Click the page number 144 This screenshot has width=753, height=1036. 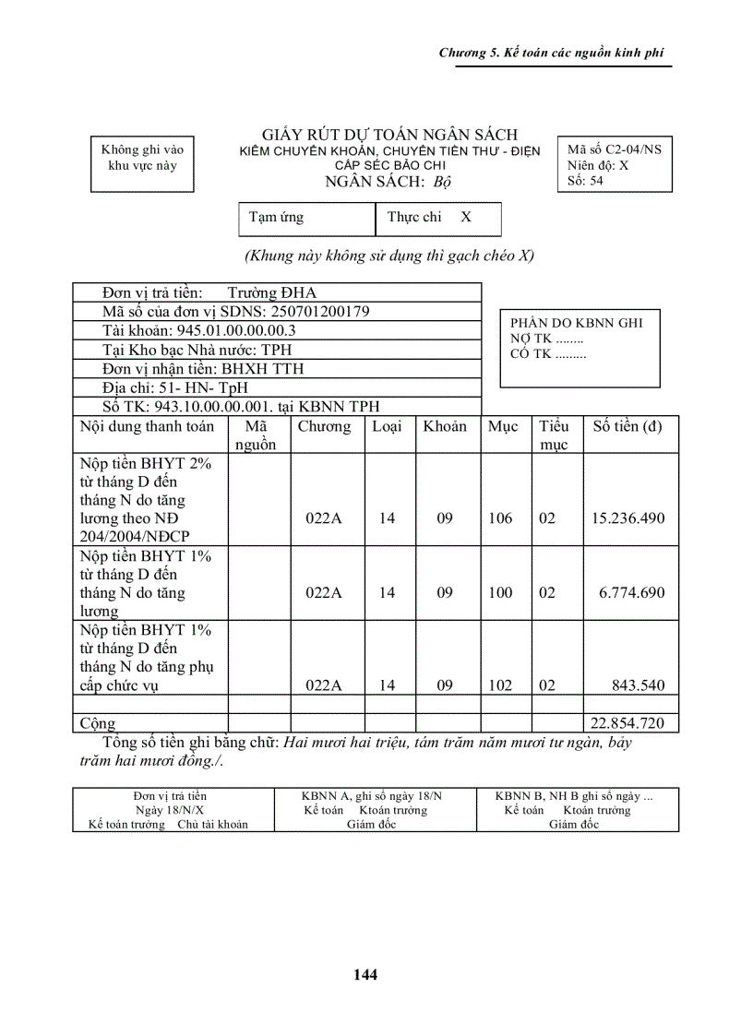[365, 974]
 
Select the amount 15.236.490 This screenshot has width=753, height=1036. [627, 518]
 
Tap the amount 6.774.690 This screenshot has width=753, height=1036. [631, 593]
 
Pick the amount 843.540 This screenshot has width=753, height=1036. [638, 685]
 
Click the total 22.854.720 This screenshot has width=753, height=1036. [627, 723]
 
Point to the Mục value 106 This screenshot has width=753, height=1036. [500, 518]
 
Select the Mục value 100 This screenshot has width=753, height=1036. [500, 593]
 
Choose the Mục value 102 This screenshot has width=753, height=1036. [500, 685]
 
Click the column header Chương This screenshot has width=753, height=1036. [324, 427]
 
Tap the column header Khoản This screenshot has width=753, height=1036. [445, 427]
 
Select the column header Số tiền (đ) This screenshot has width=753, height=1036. [627, 427]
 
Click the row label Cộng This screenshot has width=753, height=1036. [98, 723]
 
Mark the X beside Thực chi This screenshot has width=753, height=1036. [466, 218]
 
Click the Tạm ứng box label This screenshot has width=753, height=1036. [276, 218]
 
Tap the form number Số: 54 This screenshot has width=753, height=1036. [585, 181]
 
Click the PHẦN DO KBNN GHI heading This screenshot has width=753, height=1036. [577, 323]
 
